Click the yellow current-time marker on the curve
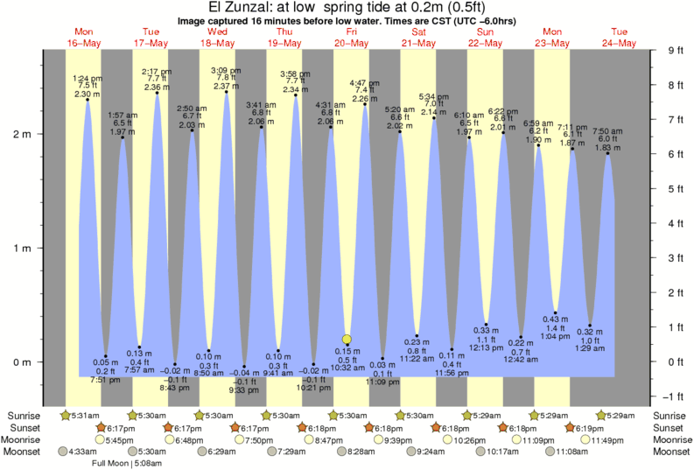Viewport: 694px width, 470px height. [x=347, y=340]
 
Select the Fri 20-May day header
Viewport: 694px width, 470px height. [x=351, y=38]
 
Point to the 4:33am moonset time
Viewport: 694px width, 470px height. [x=80, y=451]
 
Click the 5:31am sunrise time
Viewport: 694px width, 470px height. [x=80, y=415]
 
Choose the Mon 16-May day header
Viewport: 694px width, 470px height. [x=84, y=38]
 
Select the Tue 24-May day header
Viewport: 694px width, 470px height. [x=619, y=38]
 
